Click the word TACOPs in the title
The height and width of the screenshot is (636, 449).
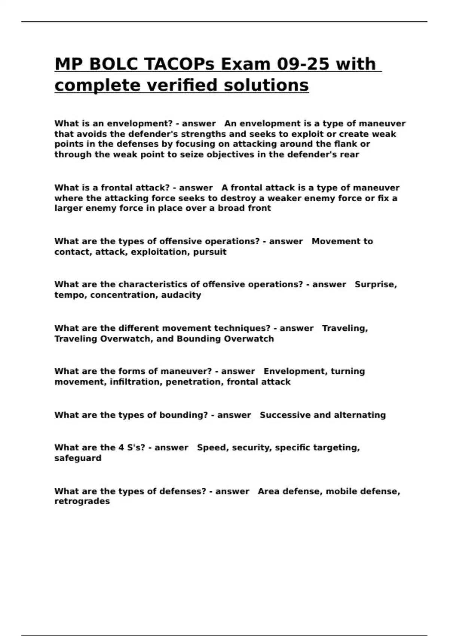click(179, 64)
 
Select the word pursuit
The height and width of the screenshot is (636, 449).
click(210, 252)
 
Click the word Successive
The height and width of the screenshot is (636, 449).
click(285, 415)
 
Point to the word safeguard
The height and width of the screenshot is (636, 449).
click(78, 458)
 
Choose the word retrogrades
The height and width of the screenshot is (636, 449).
click(82, 501)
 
